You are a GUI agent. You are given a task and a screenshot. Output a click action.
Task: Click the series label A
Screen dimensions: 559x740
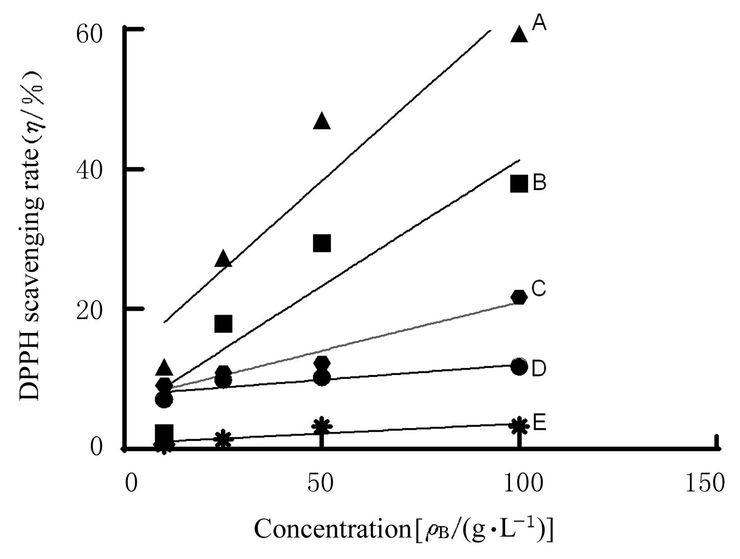click(x=539, y=23)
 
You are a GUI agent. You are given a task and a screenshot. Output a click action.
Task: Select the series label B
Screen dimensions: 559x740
click(x=540, y=183)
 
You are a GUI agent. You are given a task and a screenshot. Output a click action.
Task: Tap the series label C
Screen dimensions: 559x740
click(x=539, y=289)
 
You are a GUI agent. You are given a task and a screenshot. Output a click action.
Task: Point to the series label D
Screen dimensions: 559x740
click(x=539, y=369)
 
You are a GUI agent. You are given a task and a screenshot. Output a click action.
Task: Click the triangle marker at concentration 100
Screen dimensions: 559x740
click(x=519, y=34)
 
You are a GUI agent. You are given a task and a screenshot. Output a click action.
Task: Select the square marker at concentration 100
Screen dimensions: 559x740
click(x=519, y=183)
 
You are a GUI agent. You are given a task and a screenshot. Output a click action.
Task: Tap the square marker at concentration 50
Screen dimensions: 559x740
click(x=322, y=243)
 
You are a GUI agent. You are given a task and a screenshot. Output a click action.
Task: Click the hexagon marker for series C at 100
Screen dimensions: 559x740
click(x=519, y=297)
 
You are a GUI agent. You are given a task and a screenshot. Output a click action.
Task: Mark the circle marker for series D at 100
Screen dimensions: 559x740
click(x=519, y=367)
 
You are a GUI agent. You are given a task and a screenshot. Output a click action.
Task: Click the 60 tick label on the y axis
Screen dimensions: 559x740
click(x=89, y=34)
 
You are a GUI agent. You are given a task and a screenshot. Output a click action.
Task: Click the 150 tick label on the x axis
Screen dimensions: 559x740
click(x=705, y=484)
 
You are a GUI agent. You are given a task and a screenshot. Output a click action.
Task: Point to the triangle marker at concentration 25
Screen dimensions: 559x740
click(x=223, y=259)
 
